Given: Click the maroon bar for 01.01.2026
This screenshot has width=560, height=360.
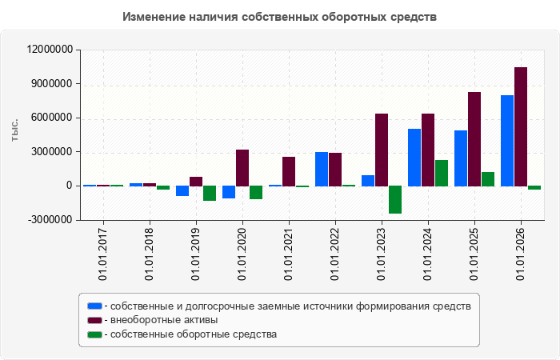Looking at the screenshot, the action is (x=521, y=126).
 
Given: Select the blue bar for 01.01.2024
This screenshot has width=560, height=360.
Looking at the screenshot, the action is (x=414, y=158).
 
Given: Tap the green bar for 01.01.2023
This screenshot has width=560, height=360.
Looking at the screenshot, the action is (x=395, y=200).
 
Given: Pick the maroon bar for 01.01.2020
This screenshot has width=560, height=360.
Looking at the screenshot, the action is (x=242, y=168).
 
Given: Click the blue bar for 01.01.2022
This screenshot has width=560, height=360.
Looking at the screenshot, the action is (x=322, y=170).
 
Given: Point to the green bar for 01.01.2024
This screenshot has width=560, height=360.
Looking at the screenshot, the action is (x=442, y=174).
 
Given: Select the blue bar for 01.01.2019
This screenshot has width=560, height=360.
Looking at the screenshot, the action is (x=182, y=190).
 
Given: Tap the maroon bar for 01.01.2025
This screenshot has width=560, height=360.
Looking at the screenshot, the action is (x=474, y=139).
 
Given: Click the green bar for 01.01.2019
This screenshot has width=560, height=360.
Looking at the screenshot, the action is (x=210, y=194).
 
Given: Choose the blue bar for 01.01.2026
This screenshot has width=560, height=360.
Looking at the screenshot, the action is (x=507, y=141).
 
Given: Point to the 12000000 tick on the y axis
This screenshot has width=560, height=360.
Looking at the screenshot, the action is (x=50, y=50).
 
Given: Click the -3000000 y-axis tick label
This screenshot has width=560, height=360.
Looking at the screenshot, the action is (x=50, y=220).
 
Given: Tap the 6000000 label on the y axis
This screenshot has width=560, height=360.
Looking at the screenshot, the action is (x=52, y=118).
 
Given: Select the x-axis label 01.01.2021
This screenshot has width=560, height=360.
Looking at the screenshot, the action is (x=288, y=254).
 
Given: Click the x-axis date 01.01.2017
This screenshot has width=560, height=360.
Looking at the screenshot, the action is (x=102, y=254).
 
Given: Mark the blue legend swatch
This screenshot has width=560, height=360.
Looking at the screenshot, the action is (x=94, y=306).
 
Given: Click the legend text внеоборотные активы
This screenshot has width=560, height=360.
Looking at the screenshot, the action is (x=164, y=320).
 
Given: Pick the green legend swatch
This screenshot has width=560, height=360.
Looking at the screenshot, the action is (x=94, y=334).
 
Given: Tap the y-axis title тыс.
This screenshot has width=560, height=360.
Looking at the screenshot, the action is (x=14, y=130).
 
